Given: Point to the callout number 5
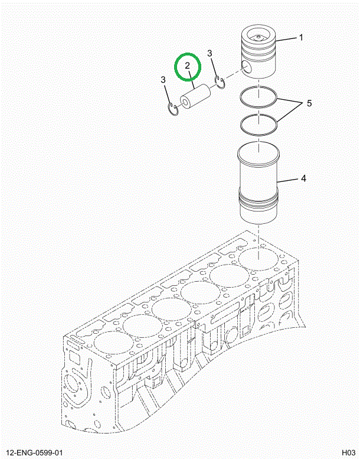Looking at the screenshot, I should point(307,104).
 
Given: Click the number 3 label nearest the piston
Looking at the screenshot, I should point(210,54).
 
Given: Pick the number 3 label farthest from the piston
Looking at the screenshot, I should point(163,80).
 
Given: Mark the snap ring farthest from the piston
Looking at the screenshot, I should point(173,109).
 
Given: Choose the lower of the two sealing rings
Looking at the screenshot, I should point(258,123).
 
